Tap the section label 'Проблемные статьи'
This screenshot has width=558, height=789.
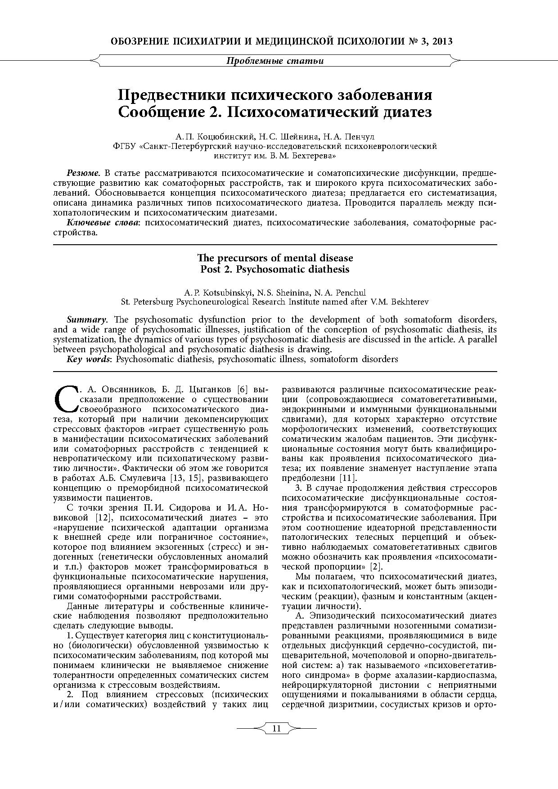(274, 61)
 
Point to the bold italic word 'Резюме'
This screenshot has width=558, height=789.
(83, 173)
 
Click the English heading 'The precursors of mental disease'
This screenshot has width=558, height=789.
(275, 258)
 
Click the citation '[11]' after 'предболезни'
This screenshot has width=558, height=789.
(348, 478)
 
